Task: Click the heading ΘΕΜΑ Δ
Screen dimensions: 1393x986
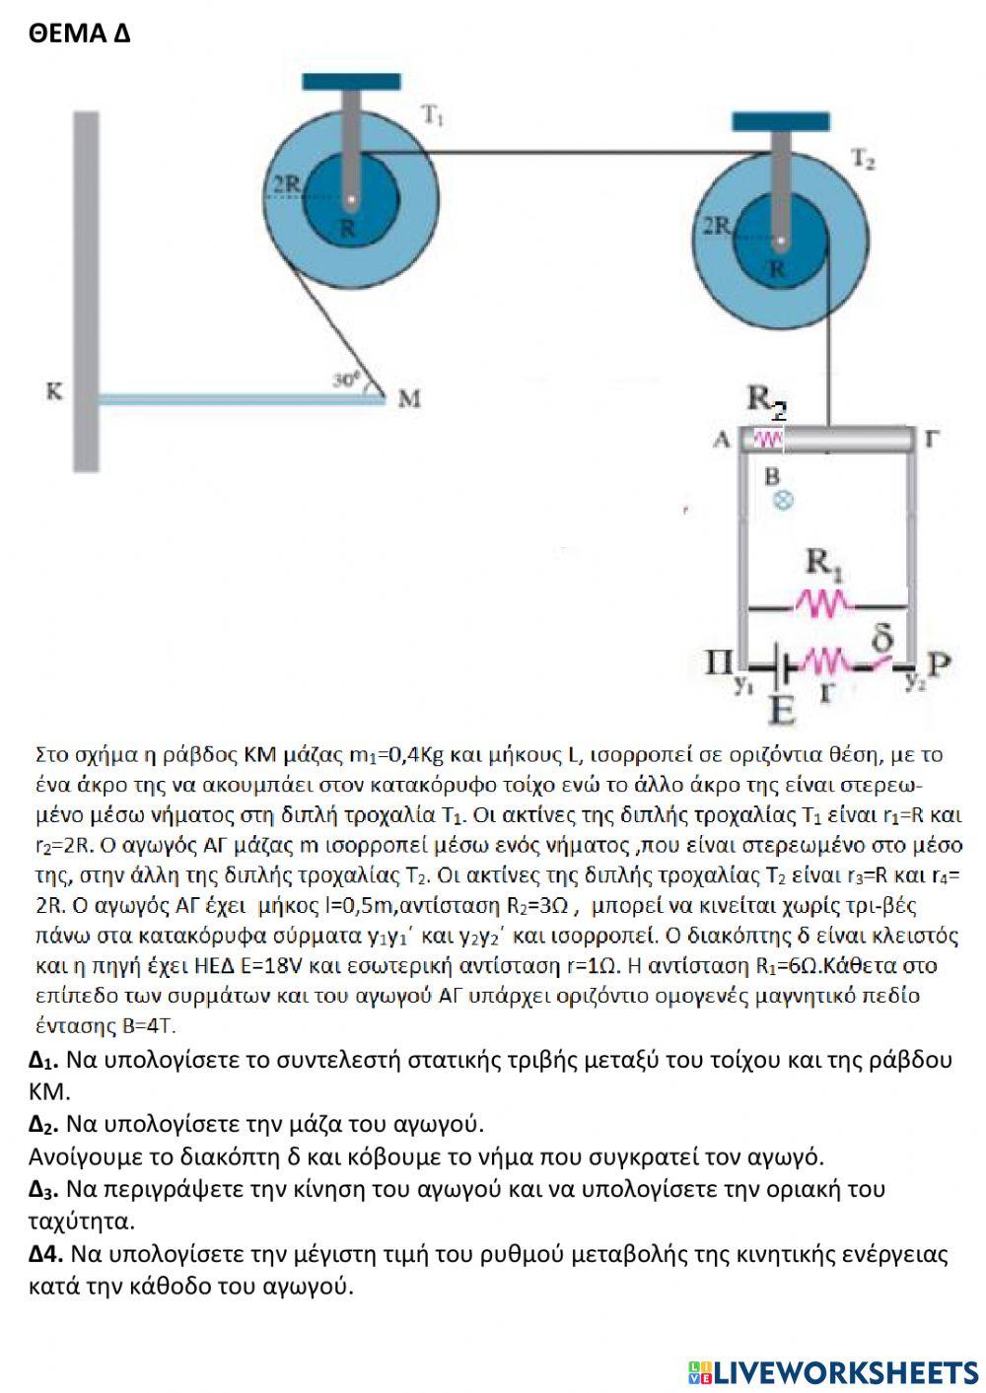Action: [x=80, y=34]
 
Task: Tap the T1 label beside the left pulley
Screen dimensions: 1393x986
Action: [x=433, y=115]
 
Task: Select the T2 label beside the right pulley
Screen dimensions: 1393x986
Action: [x=864, y=160]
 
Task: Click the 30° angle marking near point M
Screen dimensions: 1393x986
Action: [x=345, y=378]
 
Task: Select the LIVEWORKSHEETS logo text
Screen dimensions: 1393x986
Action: [x=833, y=1371]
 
